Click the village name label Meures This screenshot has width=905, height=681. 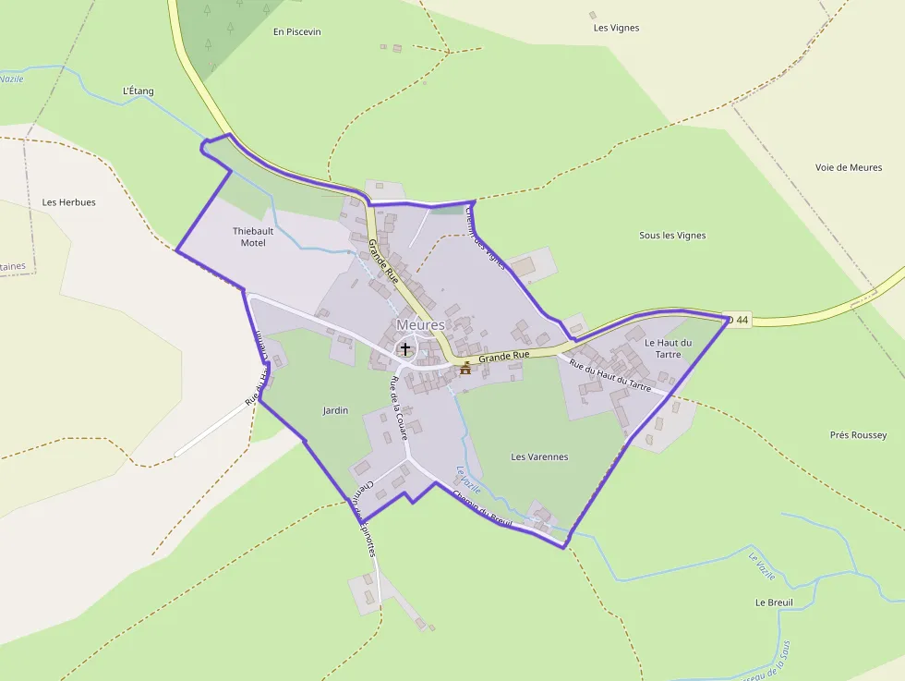tap(420, 325)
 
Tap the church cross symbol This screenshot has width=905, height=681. tap(404, 348)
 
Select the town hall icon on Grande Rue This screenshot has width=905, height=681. tap(465, 368)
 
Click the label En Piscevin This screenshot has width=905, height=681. tap(297, 31)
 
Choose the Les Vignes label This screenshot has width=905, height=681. tap(616, 28)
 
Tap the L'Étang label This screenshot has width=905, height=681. tap(139, 91)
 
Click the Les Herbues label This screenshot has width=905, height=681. tap(68, 202)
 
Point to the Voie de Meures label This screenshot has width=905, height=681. tap(849, 167)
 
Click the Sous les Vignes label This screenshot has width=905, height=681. tap(672, 236)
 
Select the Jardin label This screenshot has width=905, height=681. tap(335, 410)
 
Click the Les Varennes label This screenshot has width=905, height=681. tap(539, 456)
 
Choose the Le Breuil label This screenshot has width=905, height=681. tap(774, 602)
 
